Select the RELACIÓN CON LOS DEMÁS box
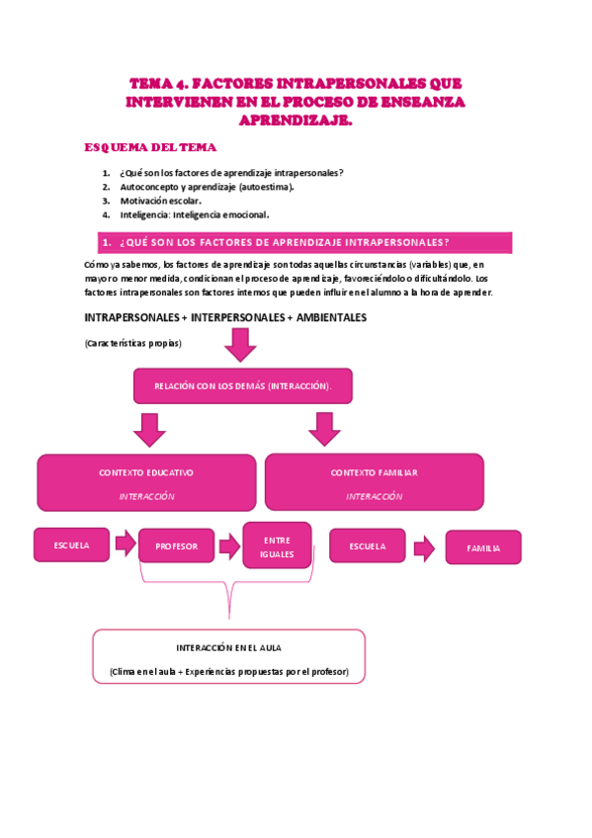242,385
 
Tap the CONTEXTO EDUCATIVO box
146,482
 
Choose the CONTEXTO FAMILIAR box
374,482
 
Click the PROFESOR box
176,545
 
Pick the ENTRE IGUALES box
277,545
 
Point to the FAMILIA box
483,547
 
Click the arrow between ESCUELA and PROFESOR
126,543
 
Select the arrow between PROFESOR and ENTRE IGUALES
229,545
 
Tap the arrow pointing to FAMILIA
424,547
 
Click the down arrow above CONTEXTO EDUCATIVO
149,429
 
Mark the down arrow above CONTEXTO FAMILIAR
323,429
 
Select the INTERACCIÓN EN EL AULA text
228,647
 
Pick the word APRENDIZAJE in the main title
296,121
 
